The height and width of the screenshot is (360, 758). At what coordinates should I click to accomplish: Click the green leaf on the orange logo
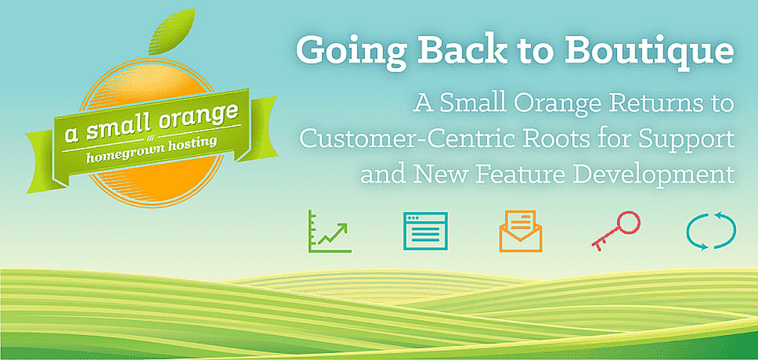[x=171, y=32]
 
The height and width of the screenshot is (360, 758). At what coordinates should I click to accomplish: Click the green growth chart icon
[x=330, y=231]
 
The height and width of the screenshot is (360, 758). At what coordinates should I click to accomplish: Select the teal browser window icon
[x=425, y=231]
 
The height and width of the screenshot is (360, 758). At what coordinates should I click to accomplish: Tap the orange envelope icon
[x=521, y=231]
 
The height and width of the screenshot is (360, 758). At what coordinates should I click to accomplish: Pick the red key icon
[x=615, y=231]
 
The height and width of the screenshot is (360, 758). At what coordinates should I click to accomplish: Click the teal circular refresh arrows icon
[x=711, y=231]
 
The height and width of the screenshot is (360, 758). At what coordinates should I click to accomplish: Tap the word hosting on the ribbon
[x=188, y=145]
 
